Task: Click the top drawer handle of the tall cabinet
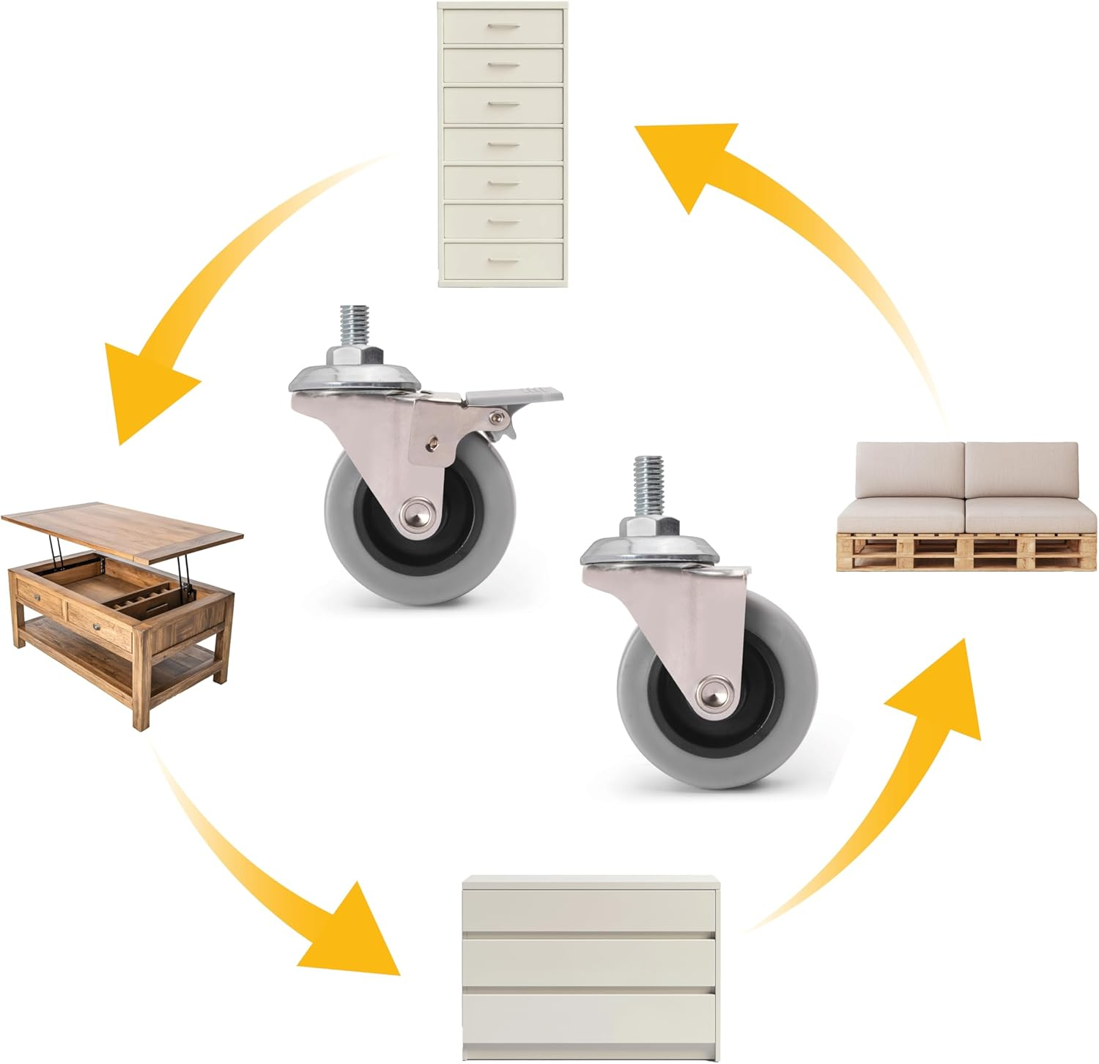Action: (x=503, y=28)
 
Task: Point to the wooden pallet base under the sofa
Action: (x=967, y=551)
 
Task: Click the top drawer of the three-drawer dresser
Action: (x=590, y=909)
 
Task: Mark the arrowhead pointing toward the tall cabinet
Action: (x=689, y=157)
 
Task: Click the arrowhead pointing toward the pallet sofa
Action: (x=945, y=688)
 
